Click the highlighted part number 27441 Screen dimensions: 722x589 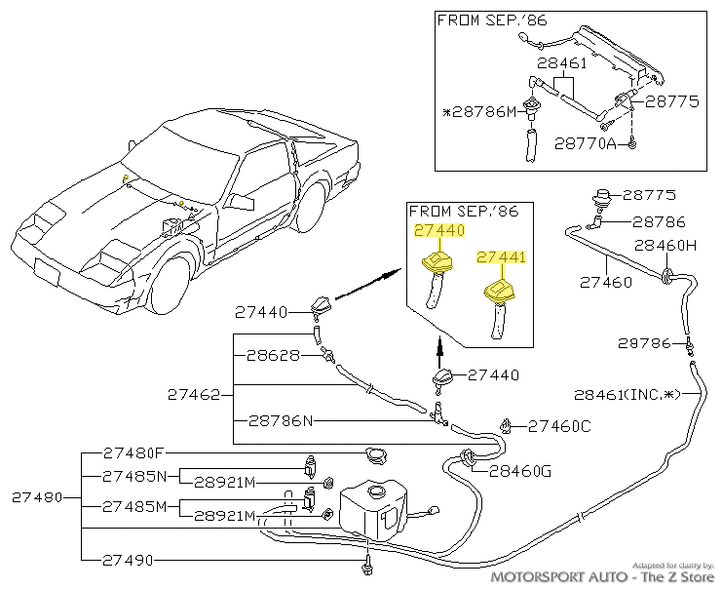click(502, 256)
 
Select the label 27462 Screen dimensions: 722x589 click(194, 395)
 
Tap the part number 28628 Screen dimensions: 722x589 click(273, 355)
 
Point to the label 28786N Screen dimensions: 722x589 click(281, 420)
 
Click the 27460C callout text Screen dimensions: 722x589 click(559, 426)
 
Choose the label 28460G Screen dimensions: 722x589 click(520, 471)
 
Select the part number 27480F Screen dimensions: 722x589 click(133, 453)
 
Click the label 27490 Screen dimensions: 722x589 click(128, 560)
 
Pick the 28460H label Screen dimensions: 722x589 click(665, 246)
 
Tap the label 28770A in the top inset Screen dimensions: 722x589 click(586, 143)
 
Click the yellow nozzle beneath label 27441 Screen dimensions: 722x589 click(500, 293)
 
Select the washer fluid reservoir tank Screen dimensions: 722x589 click(373, 509)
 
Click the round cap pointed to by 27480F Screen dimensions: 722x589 click(376, 455)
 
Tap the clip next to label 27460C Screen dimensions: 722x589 click(507, 426)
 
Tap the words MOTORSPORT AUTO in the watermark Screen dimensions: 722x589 click(559, 576)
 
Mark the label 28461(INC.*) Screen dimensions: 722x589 click(627, 395)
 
